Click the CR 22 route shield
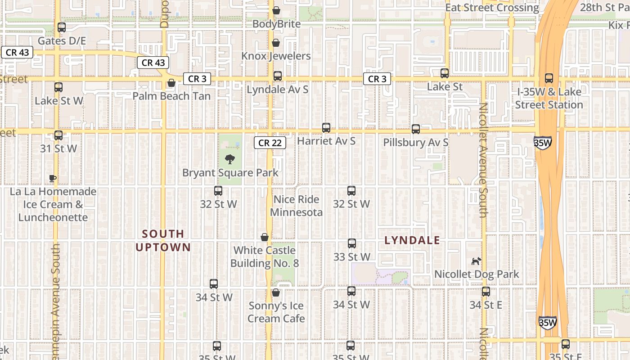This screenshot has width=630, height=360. pos(270,143)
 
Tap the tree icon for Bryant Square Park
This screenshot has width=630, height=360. pos(230,159)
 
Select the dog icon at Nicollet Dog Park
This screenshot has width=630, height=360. pos(476,261)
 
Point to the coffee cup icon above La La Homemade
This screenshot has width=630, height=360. pos(53,178)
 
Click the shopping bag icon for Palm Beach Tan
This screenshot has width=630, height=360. pos(171,83)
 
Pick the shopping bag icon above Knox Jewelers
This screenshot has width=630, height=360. pos(275,43)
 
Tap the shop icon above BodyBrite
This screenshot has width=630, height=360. pos(276,10)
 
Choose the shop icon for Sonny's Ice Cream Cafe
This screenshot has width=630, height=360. pos(276,292)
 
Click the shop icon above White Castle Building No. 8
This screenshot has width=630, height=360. pos(265,237)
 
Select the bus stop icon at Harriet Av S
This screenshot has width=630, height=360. pos(326,128)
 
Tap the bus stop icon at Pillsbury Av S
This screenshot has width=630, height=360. pos(416,129)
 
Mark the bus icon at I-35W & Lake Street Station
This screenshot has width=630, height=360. pos(549,78)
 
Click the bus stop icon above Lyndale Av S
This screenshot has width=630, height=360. pos(278,76)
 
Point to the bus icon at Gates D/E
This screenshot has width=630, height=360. pos(62,27)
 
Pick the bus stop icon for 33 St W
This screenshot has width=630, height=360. pos(352,243)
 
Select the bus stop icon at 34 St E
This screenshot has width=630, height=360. pos(486,292)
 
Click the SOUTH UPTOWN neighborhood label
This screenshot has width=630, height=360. pos(163,240)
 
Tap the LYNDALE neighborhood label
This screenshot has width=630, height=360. pos(412,240)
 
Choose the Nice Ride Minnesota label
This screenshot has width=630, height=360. pos(296,206)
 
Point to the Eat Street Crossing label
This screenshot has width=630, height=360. pos(492,8)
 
